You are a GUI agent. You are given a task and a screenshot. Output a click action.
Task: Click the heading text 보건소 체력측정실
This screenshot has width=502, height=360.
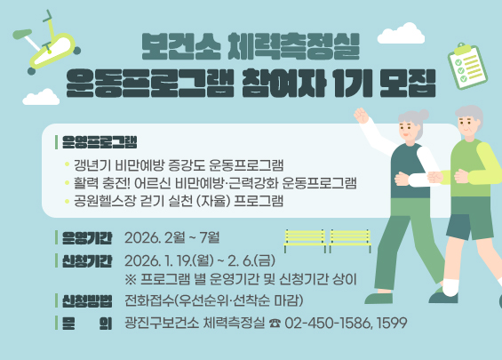coord(251,43)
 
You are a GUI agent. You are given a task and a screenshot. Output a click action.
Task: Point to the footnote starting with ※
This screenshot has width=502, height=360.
coord(222,279)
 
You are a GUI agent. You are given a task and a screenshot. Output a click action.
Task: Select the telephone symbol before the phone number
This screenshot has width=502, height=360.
coord(274,322)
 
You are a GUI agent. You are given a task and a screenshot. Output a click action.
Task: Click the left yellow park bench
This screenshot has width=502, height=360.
coord(304,237)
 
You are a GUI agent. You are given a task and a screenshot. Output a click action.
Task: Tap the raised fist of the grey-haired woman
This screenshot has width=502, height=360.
coord(360,116)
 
